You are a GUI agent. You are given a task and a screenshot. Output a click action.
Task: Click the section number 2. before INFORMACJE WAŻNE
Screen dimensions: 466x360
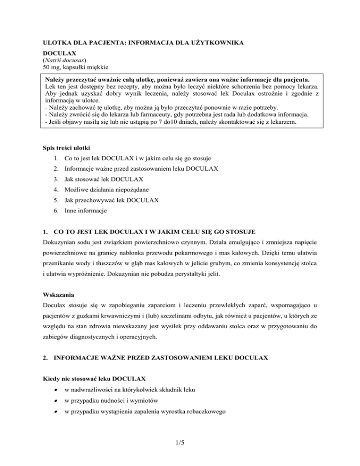tap(45, 358)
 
